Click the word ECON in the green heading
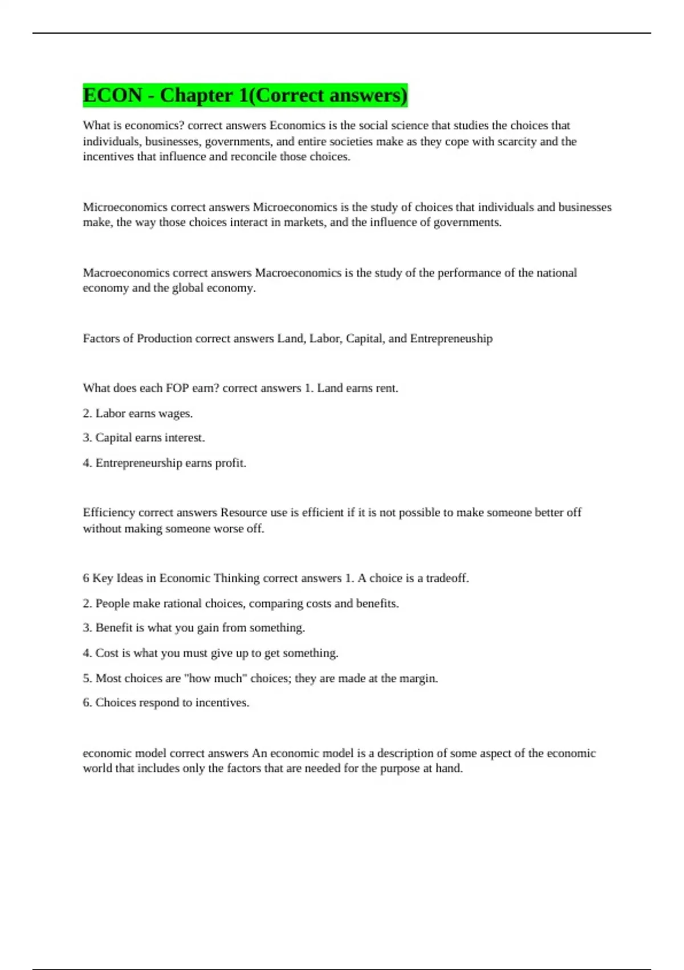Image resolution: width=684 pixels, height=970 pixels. click(112, 95)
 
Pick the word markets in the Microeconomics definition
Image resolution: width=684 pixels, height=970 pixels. click(304, 223)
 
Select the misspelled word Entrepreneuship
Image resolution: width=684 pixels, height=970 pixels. click(451, 338)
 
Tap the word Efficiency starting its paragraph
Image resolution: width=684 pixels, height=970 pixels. click(109, 512)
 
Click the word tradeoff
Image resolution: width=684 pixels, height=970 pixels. click(447, 578)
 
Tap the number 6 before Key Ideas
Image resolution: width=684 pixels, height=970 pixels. click(86, 578)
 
